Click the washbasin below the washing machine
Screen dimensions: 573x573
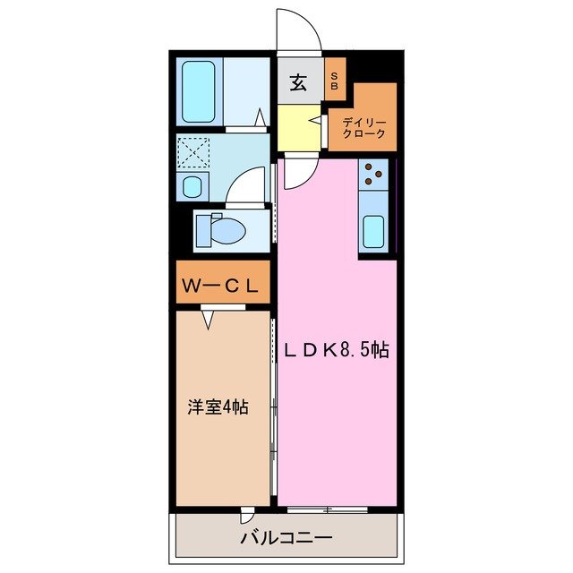click(x=192, y=187)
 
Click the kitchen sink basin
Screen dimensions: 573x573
click(x=374, y=232)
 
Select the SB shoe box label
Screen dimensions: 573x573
click(x=335, y=80)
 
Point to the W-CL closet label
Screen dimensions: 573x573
click(x=221, y=286)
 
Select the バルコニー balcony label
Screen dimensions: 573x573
click(x=286, y=538)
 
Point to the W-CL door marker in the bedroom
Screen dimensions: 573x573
click(x=209, y=317)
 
